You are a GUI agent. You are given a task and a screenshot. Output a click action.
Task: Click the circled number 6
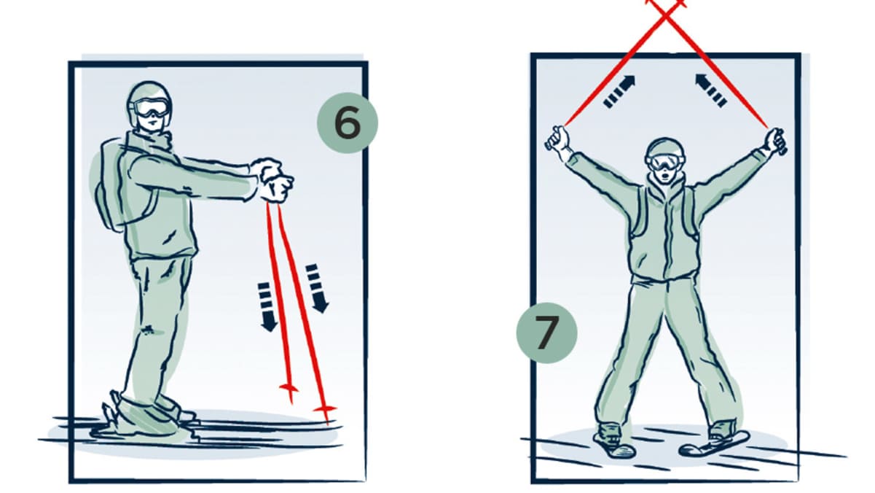348,123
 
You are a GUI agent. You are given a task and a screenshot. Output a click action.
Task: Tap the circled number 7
546,333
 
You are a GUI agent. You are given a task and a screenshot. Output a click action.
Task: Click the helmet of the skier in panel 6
149,95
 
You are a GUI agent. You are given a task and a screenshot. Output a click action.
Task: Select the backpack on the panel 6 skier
111,184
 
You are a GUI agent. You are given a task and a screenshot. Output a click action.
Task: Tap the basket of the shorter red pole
289,388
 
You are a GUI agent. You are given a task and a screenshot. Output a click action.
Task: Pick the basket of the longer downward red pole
324,409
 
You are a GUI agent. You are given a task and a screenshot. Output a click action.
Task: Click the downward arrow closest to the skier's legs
267,307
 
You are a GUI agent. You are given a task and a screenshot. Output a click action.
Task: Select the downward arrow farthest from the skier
317,289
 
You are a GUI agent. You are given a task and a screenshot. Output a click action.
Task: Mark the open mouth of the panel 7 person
665,176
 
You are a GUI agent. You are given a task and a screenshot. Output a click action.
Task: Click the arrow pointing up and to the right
619,92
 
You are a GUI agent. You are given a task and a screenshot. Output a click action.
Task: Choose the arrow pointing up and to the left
711,90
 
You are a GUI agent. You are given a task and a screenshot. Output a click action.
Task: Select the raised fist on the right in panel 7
775,141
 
